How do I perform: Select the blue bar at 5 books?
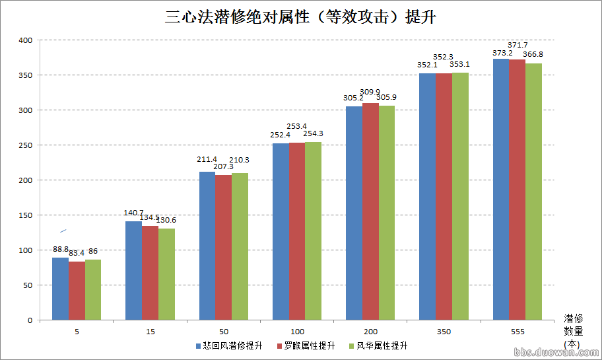(x=60, y=289)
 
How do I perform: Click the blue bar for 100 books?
(x=281, y=231)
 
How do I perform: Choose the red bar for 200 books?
(x=370, y=211)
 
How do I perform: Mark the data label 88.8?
(x=61, y=249)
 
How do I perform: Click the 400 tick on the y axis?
(x=26, y=40)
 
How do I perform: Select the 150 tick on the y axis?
(x=26, y=215)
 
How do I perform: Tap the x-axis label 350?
(x=444, y=330)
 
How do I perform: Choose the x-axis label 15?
(x=150, y=330)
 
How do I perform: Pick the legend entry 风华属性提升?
(x=382, y=345)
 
